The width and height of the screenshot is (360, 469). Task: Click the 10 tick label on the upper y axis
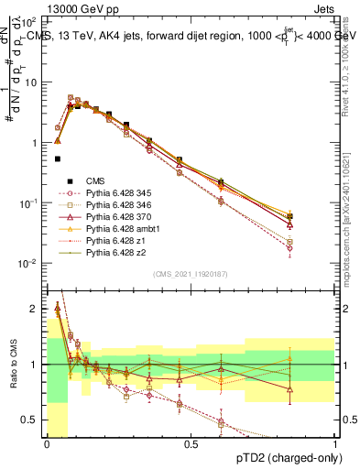pyautogui.click(x=32, y=82)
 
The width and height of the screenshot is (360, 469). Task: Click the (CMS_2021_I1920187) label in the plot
pyautogui.click(x=191, y=274)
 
